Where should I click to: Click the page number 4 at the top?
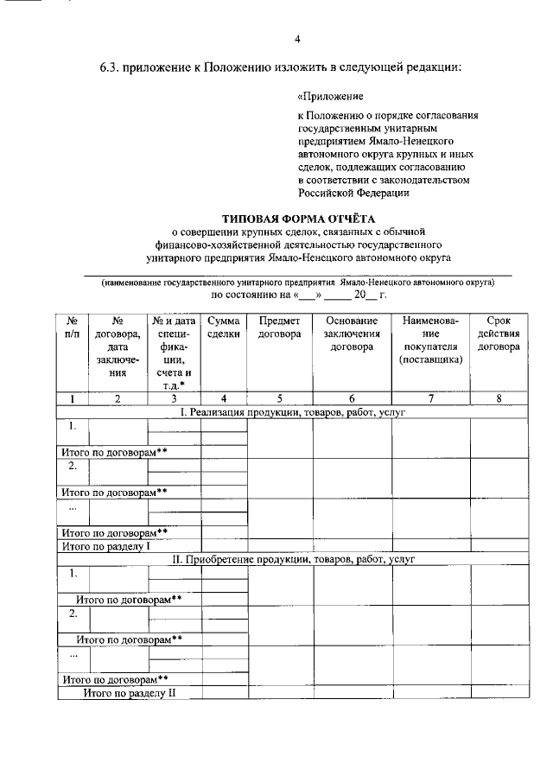(297, 40)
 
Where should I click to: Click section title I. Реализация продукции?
(293, 412)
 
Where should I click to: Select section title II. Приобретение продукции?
(293, 559)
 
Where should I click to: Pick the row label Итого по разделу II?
(129, 693)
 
